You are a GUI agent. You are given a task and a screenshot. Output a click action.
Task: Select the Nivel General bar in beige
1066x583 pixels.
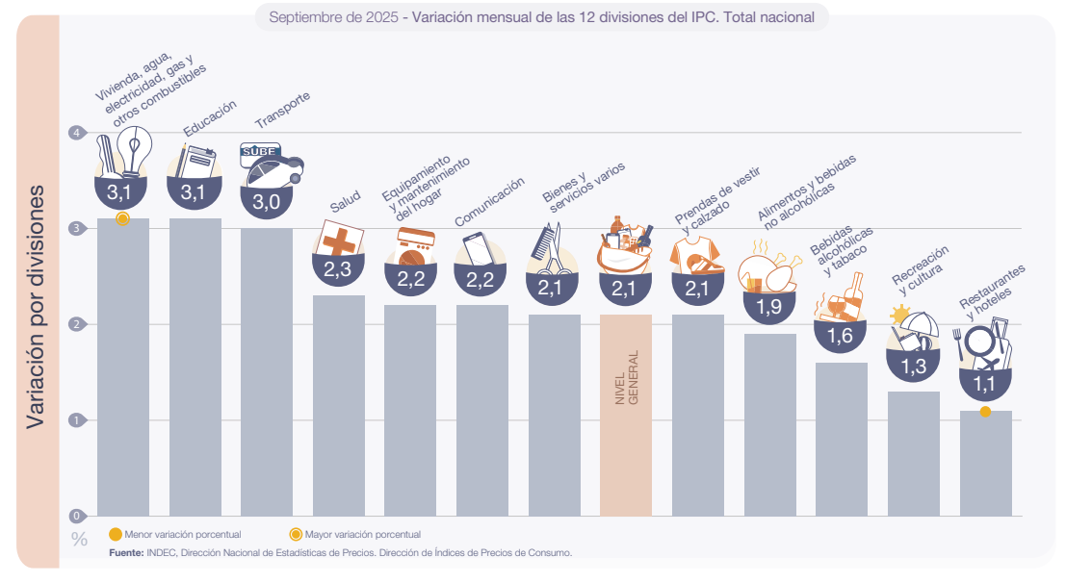(625, 415)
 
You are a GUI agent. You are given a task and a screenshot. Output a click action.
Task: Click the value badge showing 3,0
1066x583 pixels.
(266, 201)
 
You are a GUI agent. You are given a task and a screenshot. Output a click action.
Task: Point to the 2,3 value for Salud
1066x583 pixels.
(337, 270)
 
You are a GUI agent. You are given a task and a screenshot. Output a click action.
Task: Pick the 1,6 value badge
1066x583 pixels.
(840, 336)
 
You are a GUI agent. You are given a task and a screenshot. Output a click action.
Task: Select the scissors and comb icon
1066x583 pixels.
(545, 249)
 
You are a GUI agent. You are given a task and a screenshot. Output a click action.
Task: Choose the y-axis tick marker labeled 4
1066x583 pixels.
(74, 133)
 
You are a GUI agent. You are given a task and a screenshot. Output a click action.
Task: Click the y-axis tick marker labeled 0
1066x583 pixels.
(74, 516)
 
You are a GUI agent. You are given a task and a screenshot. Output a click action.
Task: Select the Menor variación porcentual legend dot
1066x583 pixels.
(116, 534)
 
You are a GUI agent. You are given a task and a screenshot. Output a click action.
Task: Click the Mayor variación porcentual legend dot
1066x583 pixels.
(296, 534)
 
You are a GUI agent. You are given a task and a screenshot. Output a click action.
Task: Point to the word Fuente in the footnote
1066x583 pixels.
(125, 553)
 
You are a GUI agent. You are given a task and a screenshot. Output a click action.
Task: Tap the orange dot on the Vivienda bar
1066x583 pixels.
(122, 219)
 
